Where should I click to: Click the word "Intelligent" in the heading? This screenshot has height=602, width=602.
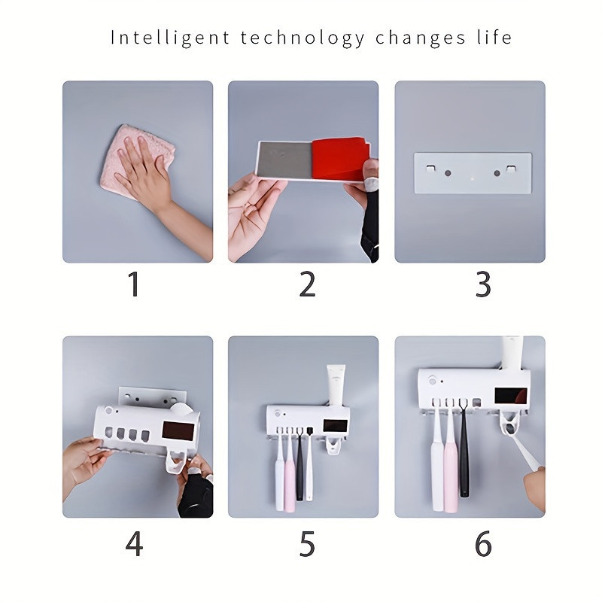pyautogui.click(x=170, y=38)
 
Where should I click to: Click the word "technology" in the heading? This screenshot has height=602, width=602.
pyautogui.click(x=303, y=38)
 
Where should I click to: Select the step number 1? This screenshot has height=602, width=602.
pyautogui.click(x=134, y=284)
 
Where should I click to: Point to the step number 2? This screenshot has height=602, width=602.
pyautogui.click(x=307, y=284)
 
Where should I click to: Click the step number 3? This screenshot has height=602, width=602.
pyautogui.click(x=483, y=284)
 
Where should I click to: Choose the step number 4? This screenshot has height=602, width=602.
pyautogui.click(x=134, y=543)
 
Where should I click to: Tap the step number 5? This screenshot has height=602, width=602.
pyautogui.click(x=307, y=543)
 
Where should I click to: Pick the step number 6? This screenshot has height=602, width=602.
pyautogui.click(x=483, y=543)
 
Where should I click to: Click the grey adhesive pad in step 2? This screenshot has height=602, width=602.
pyautogui.click(x=286, y=160)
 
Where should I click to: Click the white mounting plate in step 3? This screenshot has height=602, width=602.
pyautogui.click(x=473, y=173)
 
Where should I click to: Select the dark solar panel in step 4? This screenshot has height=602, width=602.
pyautogui.click(x=178, y=431)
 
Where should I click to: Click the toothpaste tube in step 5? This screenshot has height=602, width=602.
pyautogui.click(x=336, y=385)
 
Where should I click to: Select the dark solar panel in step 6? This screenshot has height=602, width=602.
pyautogui.click(x=511, y=396)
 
